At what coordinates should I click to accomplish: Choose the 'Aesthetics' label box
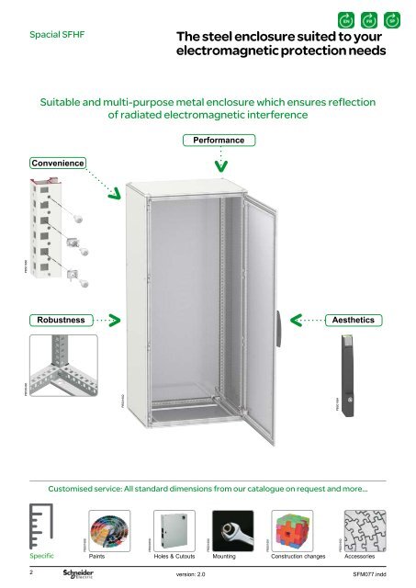[x=354, y=320]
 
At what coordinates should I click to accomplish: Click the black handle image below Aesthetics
[x=353, y=377]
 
